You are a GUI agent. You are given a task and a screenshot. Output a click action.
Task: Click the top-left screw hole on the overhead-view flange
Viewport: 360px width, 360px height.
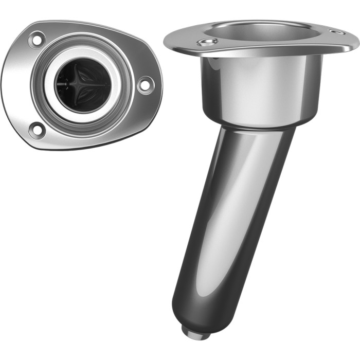[37, 39]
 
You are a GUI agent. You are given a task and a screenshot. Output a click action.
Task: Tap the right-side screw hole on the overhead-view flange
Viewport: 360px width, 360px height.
[145, 84]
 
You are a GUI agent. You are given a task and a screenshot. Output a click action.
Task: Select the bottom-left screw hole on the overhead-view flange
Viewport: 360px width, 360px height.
[37, 129]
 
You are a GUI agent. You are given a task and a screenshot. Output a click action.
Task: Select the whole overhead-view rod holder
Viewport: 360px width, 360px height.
[82, 85]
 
